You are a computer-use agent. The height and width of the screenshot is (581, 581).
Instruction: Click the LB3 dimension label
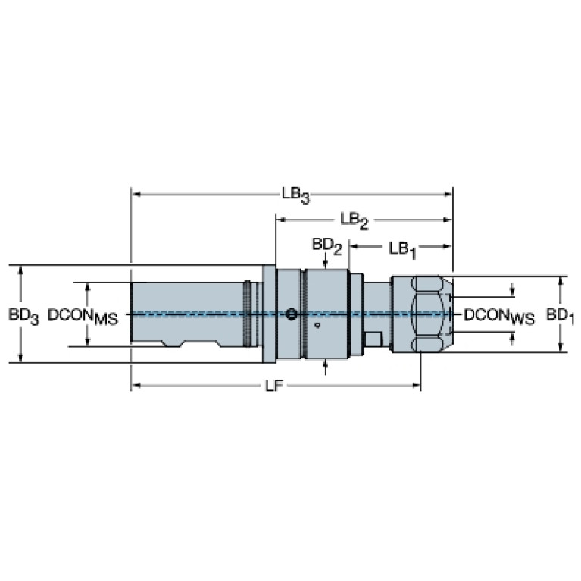(295, 195)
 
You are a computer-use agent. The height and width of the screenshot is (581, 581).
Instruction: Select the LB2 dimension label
(355, 221)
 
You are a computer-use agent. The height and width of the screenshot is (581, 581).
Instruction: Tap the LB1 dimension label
(403, 250)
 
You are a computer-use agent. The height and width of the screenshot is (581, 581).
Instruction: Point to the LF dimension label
(274, 386)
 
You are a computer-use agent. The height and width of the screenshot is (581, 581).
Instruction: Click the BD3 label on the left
(23, 317)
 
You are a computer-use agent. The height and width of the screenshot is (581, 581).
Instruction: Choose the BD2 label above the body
(327, 247)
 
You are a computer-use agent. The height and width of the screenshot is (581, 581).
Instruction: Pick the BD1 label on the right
(561, 317)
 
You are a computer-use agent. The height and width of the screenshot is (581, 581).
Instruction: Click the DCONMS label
(83, 317)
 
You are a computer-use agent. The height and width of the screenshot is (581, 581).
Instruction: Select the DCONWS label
(499, 317)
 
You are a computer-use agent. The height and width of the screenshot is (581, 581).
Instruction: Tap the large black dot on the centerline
(292, 314)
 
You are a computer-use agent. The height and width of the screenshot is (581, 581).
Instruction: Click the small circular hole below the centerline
(317, 325)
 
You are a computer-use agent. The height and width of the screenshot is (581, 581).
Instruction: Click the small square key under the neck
(373, 339)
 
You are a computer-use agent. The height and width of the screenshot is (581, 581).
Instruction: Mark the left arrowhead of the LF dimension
(136, 386)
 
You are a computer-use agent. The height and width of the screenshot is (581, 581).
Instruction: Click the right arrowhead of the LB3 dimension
(448, 194)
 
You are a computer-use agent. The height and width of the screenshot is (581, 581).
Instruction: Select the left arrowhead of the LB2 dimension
(281, 220)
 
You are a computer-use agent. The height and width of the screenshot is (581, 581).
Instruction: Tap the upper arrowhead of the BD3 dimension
(20, 270)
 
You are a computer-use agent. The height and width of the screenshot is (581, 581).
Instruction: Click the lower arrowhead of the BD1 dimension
(561, 347)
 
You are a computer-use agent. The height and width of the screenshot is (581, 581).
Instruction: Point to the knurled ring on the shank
(247, 314)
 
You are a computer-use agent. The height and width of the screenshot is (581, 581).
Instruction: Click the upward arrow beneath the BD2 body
(325, 367)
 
